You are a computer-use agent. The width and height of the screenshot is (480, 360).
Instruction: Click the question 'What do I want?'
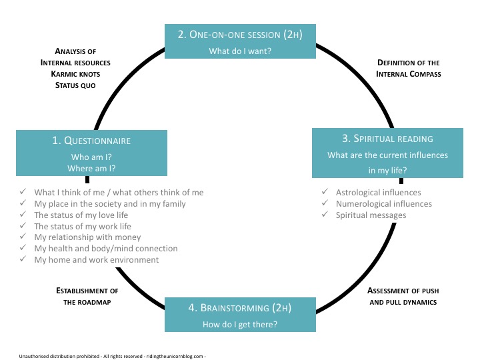[241, 51]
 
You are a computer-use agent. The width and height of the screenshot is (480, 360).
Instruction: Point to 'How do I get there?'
[240, 325]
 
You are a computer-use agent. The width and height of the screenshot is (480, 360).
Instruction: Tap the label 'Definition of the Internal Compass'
[409, 68]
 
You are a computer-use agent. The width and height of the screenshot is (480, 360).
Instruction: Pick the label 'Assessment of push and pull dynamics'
[402, 296]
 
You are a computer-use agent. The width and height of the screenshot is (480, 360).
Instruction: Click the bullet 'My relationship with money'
[87, 237]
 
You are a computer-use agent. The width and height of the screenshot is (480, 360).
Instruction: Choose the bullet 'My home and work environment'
[97, 259]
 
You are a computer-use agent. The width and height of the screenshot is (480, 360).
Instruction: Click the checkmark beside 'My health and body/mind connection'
[24, 248]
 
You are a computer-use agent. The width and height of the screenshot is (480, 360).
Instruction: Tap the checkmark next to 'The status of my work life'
[24, 226]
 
